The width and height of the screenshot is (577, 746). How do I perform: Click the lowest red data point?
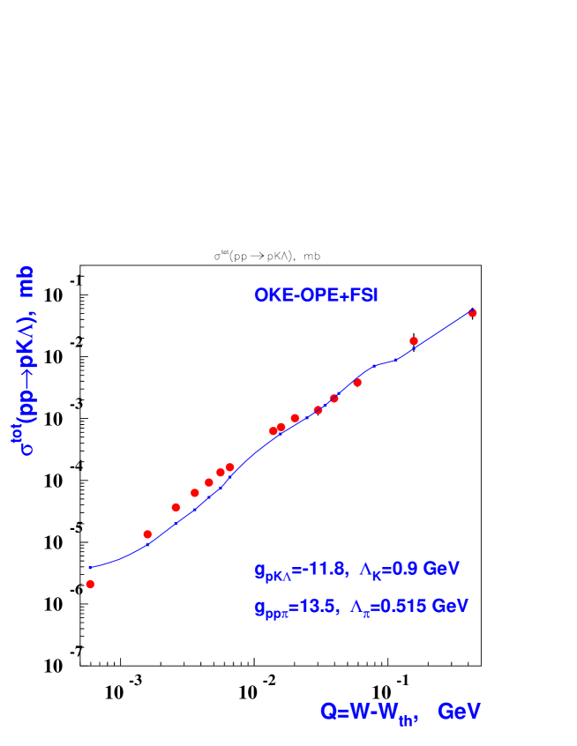point(90,584)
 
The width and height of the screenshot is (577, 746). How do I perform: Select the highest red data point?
point(472,313)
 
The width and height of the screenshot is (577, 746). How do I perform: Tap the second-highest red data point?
point(414,341)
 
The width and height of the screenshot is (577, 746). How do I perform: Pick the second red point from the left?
point(147,534)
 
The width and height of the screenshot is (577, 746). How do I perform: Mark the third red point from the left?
point(176,507)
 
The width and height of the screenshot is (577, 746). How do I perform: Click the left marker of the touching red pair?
point(274,431)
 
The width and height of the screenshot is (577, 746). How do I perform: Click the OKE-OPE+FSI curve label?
point(316,295)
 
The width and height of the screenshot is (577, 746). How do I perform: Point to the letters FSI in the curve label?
point(363,295)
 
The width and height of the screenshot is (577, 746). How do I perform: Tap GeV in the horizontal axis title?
point(459,712)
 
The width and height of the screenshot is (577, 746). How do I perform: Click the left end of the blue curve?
point(89,567)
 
